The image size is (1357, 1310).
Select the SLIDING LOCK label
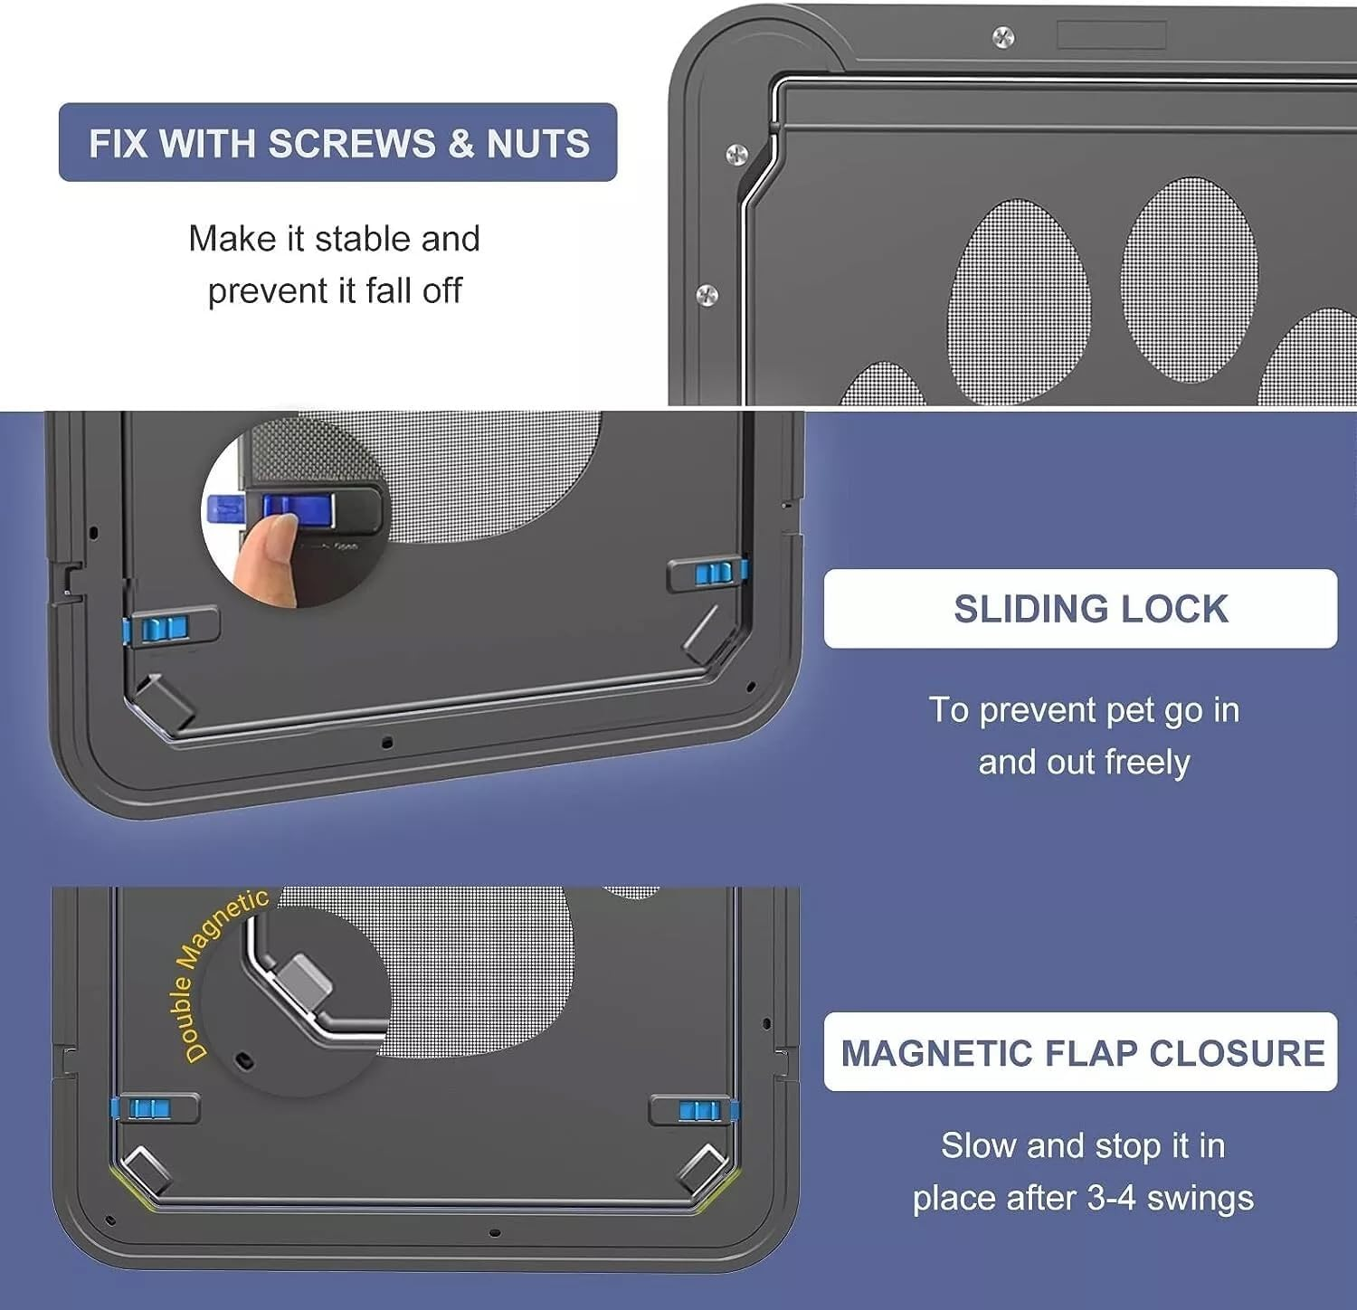[x=1090, y=609]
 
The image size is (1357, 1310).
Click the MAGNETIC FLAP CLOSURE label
[x=1082, y=1053]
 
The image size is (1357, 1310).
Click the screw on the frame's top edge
[x=1003, y=37]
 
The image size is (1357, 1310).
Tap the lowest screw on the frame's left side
[x=707, y=294]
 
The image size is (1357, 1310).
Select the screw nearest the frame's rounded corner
[x=736, y=154]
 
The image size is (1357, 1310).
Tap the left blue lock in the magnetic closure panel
[x=145, y=1108]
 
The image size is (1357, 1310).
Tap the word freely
[x=1146, y=762]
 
